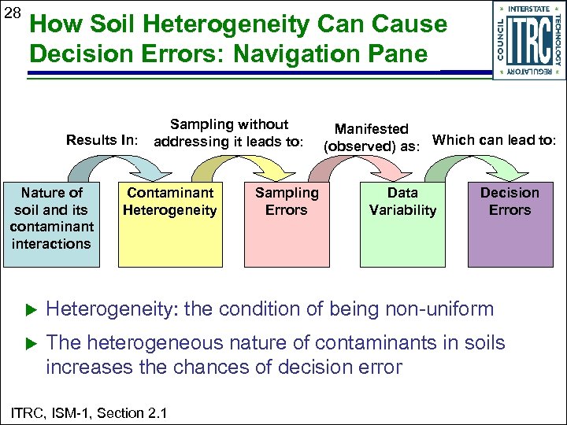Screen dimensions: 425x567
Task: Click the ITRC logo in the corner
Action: (528, 39)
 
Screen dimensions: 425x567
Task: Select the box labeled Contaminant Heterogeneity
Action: (171, 224)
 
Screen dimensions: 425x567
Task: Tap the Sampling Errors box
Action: (286, 224)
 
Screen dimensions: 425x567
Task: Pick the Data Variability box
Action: (402, 224)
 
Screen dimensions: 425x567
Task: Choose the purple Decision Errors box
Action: (510, 224)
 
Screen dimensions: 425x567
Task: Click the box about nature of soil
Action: (52, 224)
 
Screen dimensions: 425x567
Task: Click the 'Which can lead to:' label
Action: (495, 140)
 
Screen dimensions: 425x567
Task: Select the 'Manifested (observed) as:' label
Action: (372, 137)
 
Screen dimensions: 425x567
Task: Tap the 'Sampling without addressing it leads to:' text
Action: (229, 133)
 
